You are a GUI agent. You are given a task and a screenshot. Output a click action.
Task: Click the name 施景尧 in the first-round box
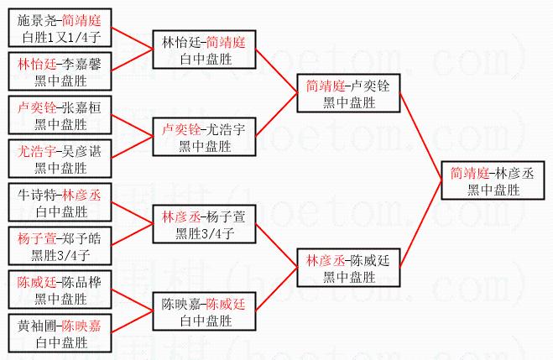point(37,20)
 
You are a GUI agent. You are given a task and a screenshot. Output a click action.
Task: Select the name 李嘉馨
point(81,64)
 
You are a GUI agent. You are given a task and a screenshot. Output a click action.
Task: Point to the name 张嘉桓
point(81,107)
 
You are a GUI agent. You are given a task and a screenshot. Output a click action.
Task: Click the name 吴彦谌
point(81,152)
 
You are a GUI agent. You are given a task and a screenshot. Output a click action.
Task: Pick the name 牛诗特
point(37,195)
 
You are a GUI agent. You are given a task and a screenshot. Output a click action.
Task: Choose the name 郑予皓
point(81,238)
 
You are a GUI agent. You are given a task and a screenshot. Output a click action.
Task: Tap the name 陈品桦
point(81,283)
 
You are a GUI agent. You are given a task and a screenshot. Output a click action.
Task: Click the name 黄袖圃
point(37,326)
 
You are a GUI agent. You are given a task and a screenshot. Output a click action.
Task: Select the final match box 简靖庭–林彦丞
point(493,180)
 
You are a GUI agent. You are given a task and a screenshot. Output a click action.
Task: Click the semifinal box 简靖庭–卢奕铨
point(348,93)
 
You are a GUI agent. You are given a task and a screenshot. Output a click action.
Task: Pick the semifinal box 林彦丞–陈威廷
point(348,268)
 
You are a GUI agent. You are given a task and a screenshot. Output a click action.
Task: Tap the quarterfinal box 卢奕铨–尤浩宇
point(204,137)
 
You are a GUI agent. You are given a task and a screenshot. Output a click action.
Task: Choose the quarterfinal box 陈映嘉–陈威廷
point(204,311)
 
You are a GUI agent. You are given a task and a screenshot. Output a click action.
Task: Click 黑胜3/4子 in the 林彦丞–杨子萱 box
point(205,233)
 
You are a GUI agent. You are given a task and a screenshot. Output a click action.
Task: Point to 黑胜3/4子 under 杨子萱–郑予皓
point(60,255)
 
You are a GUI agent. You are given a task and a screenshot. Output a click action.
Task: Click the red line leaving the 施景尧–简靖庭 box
point(133,38)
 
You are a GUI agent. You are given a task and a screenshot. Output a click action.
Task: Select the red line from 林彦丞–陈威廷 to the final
point(420,224)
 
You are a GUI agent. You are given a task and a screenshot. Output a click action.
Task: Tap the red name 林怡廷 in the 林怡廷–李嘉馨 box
point(37,64)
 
